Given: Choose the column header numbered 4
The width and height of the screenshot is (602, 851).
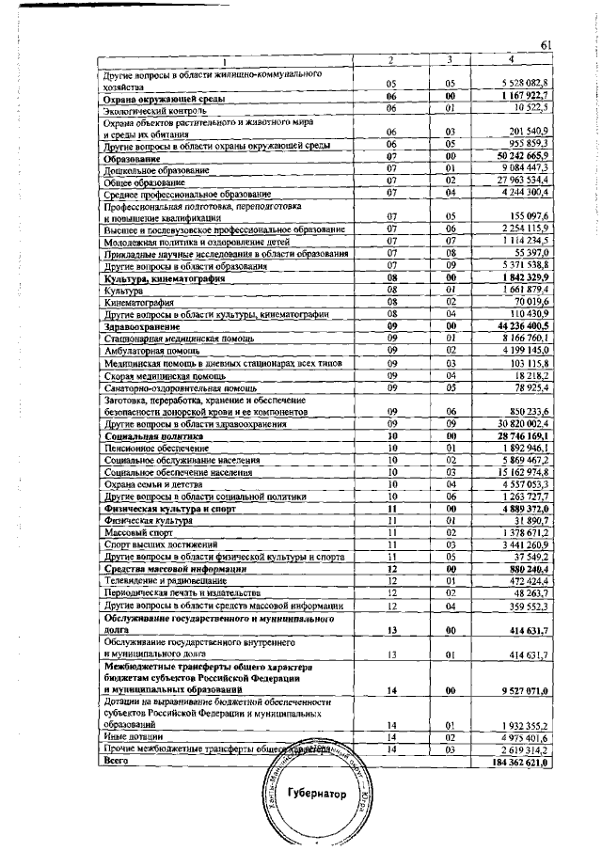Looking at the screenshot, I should (511, 61).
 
